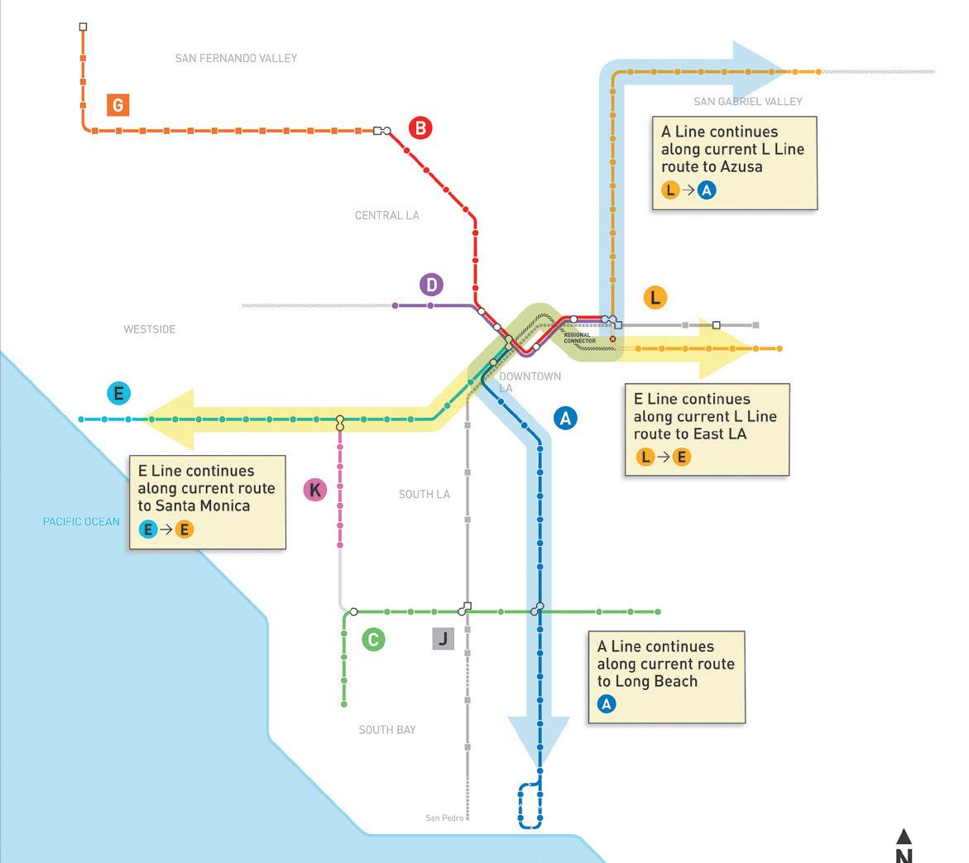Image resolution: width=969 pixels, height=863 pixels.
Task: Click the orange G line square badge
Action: [x=118, y=105]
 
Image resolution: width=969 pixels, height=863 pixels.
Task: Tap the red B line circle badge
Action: [x=420, y=128]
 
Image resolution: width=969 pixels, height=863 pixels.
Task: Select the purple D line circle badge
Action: [x=431, y=285]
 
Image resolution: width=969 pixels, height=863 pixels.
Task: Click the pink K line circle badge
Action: [x=315, y=490]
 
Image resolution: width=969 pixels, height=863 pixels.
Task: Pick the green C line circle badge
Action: [x=373, y=640]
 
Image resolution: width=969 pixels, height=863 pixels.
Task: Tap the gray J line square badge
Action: [x=443, y=639]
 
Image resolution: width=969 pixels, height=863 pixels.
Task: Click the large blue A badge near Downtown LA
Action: [x=565, y=418]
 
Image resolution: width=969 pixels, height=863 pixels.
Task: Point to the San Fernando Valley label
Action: [x=236, y=58]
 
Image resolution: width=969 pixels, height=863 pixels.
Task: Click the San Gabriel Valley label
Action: [x=748, y=102]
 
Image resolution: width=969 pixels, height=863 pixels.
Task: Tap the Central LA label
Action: [x=387, y=215]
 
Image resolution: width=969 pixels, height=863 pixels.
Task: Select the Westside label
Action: [x=150, y=329]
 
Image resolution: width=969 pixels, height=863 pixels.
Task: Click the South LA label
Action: [x=425, y=494]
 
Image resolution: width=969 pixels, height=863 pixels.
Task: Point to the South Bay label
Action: [x=387, y=730]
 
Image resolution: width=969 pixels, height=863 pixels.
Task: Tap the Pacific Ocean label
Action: [x=81, y=522]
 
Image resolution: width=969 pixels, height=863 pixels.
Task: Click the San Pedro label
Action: [x=444, y=818]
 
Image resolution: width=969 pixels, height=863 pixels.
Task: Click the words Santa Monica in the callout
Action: [x=206, y=506]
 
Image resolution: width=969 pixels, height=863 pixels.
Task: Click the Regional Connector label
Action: [x=579, y=338]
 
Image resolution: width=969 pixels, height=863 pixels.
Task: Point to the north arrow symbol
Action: [x=904, y=837]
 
